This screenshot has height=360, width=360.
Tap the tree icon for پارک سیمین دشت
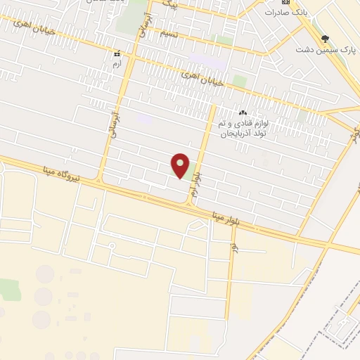[324, 39]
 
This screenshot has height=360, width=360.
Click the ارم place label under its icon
[117, 63]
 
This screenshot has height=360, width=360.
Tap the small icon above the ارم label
[117, 53]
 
